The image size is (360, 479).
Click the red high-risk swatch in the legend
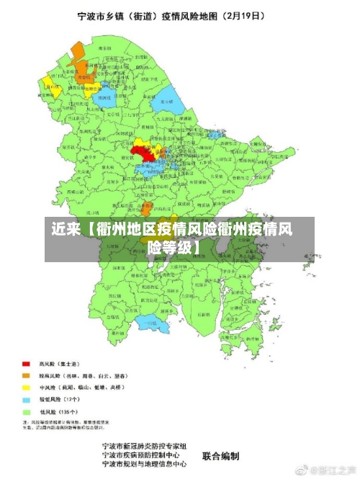[26, 364]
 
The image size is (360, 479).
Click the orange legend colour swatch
[26, 375]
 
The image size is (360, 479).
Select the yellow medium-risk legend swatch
[26, 387]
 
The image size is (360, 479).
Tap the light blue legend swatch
[26, 398]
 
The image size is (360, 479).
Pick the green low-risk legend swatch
[26, 410]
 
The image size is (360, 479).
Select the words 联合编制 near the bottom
[220, 456]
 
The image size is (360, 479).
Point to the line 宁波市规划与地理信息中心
[144, 465]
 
